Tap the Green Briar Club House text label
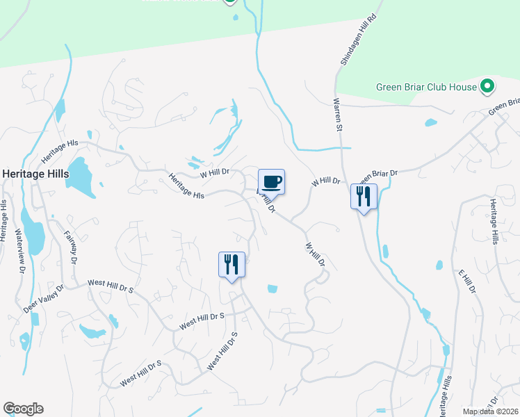point(426,87)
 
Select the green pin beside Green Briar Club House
point(488,86)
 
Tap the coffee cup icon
point(272,182)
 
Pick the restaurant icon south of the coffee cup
point(232,265)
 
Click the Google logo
point(23,409)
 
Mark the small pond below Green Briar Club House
point(430,123)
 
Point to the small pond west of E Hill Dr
point(439,265)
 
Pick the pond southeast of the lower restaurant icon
point(272,288)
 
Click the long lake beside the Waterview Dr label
point(32,230)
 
